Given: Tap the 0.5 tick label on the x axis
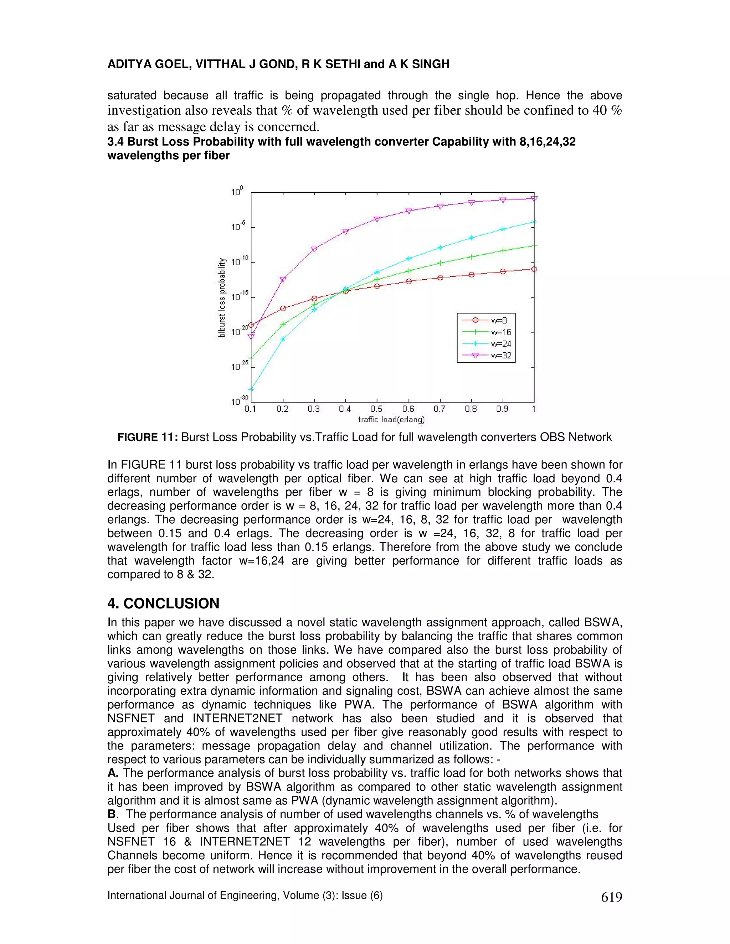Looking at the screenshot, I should [376, 409].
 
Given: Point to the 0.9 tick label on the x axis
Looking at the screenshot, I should [502, 409].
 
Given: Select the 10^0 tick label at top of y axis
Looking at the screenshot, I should [237, 192].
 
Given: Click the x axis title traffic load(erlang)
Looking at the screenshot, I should [391, 419].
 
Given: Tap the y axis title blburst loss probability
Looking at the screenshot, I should [222, 297].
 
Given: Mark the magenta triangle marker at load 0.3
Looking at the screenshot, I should [314, 249].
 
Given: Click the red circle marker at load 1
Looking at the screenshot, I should [534, 269].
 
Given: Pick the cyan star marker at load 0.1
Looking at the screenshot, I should [251, 389].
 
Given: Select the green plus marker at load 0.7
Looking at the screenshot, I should [440, 263].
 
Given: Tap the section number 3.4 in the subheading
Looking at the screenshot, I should [115, 142].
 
